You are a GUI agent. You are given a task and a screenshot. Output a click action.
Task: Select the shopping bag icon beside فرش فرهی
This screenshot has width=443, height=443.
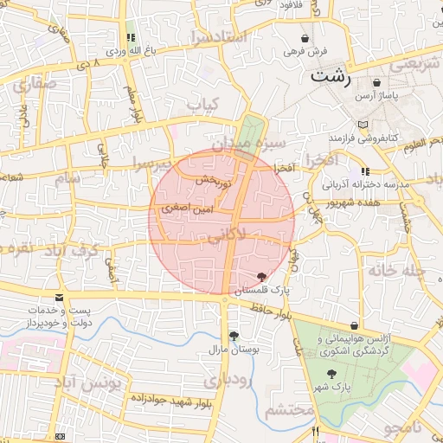click(304, 38)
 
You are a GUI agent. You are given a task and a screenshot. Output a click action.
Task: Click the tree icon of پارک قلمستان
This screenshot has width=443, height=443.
click(262, 276)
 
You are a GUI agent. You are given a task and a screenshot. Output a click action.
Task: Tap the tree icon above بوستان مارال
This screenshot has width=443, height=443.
click(233, 337)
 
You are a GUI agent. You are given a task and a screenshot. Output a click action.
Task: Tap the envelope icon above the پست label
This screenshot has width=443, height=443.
click(59, 298)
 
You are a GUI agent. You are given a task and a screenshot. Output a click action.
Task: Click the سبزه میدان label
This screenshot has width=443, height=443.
click(250, 141)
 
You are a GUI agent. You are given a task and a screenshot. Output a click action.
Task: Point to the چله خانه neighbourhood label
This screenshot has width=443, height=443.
click(394, 269)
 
